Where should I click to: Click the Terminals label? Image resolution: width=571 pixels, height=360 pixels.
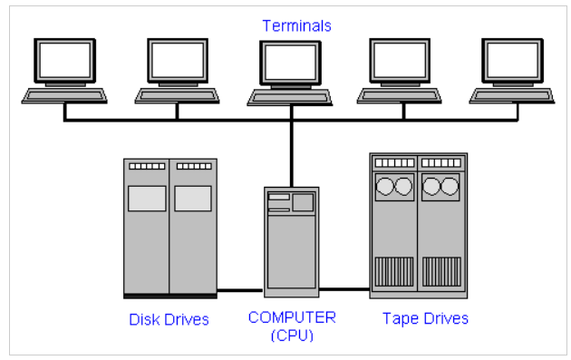(x=296, y=26)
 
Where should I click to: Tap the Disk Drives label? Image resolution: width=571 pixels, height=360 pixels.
(x=169, y=319)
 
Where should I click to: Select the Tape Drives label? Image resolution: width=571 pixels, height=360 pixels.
(x=425, y=319)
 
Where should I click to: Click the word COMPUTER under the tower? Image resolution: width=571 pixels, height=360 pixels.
(x=292, y=317)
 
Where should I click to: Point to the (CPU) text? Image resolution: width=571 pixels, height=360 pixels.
(x=292, y=336)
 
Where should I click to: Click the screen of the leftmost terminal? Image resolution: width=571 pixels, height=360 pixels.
(x=65, y=61)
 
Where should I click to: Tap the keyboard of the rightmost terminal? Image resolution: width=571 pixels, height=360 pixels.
(x=512, y=96)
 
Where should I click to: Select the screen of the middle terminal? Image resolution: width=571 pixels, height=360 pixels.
(x=290, y=63)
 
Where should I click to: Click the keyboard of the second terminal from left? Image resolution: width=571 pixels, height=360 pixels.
(x=178, y=96)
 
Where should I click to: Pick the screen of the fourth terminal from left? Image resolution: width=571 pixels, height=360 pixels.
(x=400, y=60)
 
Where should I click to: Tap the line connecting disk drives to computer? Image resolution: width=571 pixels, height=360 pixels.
(x=240, y=290)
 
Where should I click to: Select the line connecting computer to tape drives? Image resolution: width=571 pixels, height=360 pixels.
(x=344, y=289)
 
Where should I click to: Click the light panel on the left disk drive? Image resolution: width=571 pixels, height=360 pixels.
(x=147, y=199)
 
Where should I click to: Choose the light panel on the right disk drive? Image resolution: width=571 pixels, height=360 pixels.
(x=193, y=199)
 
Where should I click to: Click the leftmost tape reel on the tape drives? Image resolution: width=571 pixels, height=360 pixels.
(x=385, y=186)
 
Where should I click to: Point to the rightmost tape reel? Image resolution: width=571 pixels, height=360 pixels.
(x=450, y=186)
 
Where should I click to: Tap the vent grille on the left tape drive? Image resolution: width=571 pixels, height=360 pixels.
(x=394, y=272)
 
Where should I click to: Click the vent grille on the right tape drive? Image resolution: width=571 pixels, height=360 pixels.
(x=441, y=272)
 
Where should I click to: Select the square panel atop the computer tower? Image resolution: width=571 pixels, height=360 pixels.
(x=303, y=202)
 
